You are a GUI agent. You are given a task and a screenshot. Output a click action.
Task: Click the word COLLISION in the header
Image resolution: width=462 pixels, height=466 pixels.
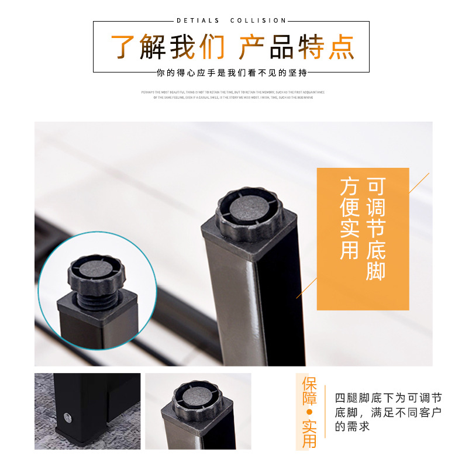click(258, 21)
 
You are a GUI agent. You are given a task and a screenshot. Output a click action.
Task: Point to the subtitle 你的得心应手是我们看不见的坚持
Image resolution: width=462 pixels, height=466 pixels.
click(232, 73)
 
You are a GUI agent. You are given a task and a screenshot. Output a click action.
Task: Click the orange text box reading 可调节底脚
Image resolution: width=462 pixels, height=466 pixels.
click(363, 239)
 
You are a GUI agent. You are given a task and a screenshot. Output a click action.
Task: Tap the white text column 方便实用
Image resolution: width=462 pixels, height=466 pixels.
click(349, 219)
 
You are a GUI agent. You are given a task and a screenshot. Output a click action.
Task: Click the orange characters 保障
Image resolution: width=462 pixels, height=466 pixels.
click(309, 392)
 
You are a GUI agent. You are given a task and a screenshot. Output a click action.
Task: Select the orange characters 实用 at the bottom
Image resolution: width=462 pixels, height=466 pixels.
click(309, 433)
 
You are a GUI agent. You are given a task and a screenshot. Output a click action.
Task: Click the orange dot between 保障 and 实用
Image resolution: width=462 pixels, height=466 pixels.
click(309, 412)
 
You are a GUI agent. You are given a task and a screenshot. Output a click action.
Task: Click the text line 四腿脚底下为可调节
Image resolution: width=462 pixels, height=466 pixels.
click(388, 398)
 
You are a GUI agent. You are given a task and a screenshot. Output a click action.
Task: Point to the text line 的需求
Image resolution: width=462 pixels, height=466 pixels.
click(353, 427)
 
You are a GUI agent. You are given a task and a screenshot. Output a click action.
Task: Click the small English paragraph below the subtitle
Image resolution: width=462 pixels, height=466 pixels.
click(233, 95)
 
